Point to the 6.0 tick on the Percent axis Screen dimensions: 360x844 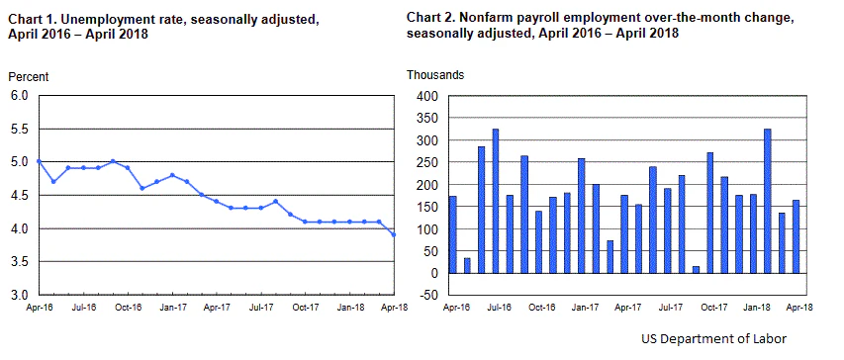20,96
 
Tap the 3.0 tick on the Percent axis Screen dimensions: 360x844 20,295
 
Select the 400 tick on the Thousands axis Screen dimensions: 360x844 425,96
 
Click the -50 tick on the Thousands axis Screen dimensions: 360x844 426,295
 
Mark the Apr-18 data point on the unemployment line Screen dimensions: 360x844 394,234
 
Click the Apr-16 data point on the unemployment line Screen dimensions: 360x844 38,161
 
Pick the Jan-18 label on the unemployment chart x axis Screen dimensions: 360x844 349,308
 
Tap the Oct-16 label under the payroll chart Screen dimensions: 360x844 541,308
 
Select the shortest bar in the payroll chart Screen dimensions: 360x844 696,270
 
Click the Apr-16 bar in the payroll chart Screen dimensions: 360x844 452,234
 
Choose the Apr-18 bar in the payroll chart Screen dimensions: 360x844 796,236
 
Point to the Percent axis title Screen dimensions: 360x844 29,76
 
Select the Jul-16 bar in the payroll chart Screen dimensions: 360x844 496,201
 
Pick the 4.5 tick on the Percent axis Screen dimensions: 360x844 20,195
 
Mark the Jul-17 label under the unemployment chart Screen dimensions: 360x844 260,308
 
